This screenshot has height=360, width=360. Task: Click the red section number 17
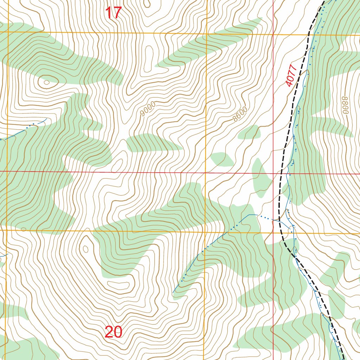[x=113, y=13]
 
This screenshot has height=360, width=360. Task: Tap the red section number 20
[x=113, y=332]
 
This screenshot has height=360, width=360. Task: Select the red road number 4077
[x=291, y=76]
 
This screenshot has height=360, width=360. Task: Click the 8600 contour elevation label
[x=240, y=115]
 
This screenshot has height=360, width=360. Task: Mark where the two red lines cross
[x=274, y=173]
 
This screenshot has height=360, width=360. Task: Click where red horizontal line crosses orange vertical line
[x=206, y=172]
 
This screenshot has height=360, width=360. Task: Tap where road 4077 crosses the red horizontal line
[x=281, y=173]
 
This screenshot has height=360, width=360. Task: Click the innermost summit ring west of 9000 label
[x=46, y=83]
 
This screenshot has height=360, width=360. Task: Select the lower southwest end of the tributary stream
[x=173, y=292]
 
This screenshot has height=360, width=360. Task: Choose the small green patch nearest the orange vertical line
[x=221, y=159]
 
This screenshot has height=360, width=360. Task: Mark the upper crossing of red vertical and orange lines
[x=274, y=34]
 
